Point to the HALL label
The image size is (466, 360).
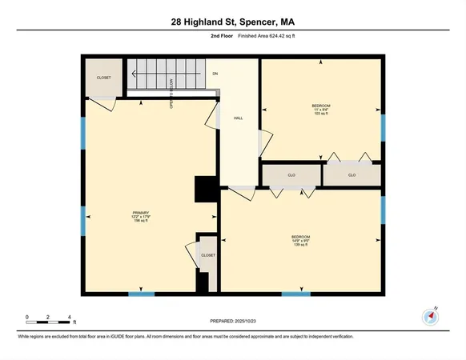pos(238,118)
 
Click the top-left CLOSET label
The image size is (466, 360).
pos(104,78)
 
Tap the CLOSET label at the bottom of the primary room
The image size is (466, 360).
pos(208,255)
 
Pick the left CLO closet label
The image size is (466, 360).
pos(291,174)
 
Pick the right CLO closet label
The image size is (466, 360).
pos(352,174)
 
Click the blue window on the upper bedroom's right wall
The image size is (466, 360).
pos(383,126)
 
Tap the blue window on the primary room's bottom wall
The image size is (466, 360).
pos(141,294)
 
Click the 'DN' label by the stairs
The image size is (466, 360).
pos(215,74)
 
